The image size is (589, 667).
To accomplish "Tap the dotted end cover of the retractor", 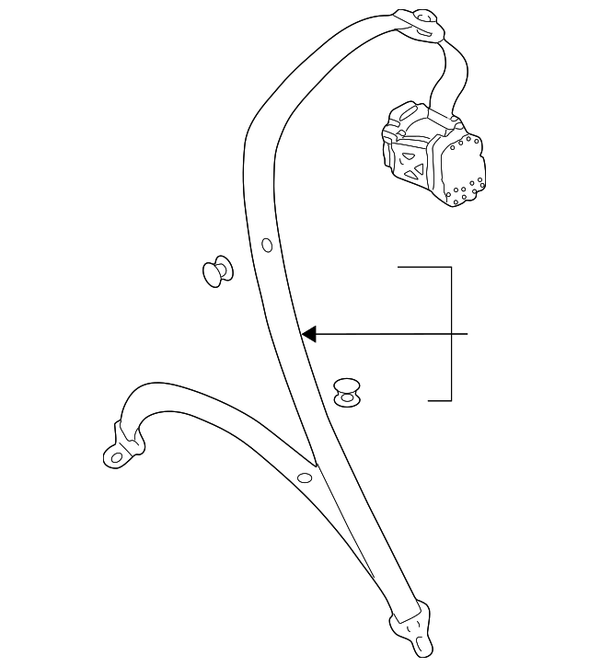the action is (x=465, y=167).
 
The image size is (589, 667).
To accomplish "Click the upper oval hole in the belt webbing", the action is (x=267, y=245).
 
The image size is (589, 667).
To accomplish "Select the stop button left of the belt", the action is (x=217, y=270).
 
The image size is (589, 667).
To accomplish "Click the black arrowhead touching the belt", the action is (x=310, y=334).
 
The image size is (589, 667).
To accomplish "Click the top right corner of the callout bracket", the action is (x=451, y=268).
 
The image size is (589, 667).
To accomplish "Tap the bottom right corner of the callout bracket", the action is (x=451, y=400).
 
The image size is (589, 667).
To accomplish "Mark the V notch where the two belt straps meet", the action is (x=316, y=465).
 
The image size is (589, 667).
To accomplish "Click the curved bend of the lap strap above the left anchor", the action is (x=147, y=391).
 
